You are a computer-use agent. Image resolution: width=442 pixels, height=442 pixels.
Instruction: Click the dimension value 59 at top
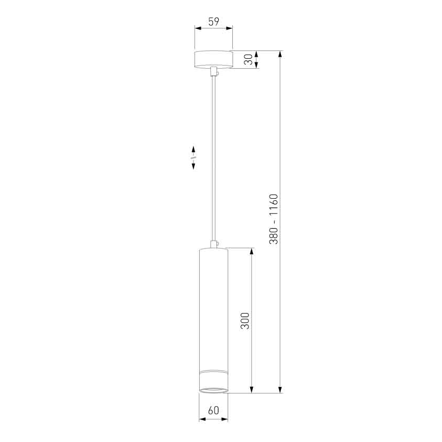click(213, 21)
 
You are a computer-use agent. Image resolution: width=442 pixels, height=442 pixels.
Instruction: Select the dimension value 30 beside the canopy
click(249, 59)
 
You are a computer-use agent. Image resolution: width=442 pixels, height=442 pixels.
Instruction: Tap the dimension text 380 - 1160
click(273, 219)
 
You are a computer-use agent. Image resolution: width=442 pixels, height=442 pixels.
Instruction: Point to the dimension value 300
click(245, 320)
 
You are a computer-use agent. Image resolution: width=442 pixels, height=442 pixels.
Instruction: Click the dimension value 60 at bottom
click(213, 410)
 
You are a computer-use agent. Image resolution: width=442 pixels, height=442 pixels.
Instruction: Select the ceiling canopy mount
click(213, 59)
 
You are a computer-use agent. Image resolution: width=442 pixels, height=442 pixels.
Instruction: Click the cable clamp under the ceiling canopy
click(214, 71)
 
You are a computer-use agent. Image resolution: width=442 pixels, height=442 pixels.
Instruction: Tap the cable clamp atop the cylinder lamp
click(214, 244)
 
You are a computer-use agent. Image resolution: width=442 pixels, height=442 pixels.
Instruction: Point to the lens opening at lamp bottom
click(213, 390)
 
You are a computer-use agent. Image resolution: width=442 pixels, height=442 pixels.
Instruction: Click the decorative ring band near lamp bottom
click(213, 371)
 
